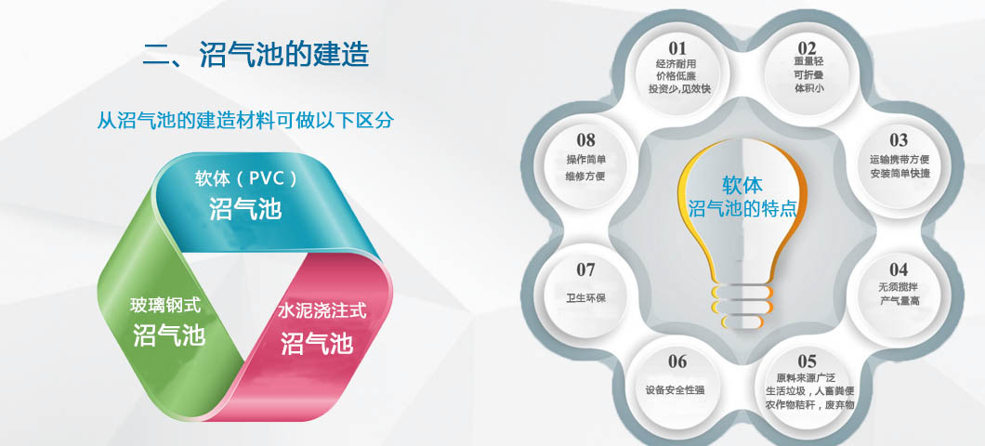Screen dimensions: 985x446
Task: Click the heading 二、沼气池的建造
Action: click(256, 55)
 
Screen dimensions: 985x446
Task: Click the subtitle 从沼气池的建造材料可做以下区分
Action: click(245, 120)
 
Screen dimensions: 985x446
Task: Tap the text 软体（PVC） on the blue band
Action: click(245, 179)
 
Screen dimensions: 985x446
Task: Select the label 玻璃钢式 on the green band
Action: click(165, 307)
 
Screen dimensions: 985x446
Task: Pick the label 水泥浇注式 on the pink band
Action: click(322, 310)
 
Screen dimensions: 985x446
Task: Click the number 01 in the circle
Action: click(677, 48)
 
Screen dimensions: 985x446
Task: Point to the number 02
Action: click(808, 48)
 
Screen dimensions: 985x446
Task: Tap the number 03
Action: click(899, 140)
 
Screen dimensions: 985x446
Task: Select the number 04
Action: click(899, 269)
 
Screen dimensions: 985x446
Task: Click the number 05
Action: click(808, 361)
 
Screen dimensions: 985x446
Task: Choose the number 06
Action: click(677, 361)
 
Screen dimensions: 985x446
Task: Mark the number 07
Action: click(585, 269)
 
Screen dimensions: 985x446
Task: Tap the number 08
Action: click(585, 140)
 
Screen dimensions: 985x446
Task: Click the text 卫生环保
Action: click(586, 297)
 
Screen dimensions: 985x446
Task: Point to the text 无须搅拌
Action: click(899, 287)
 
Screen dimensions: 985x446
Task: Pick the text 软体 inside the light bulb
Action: click(742, 185)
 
